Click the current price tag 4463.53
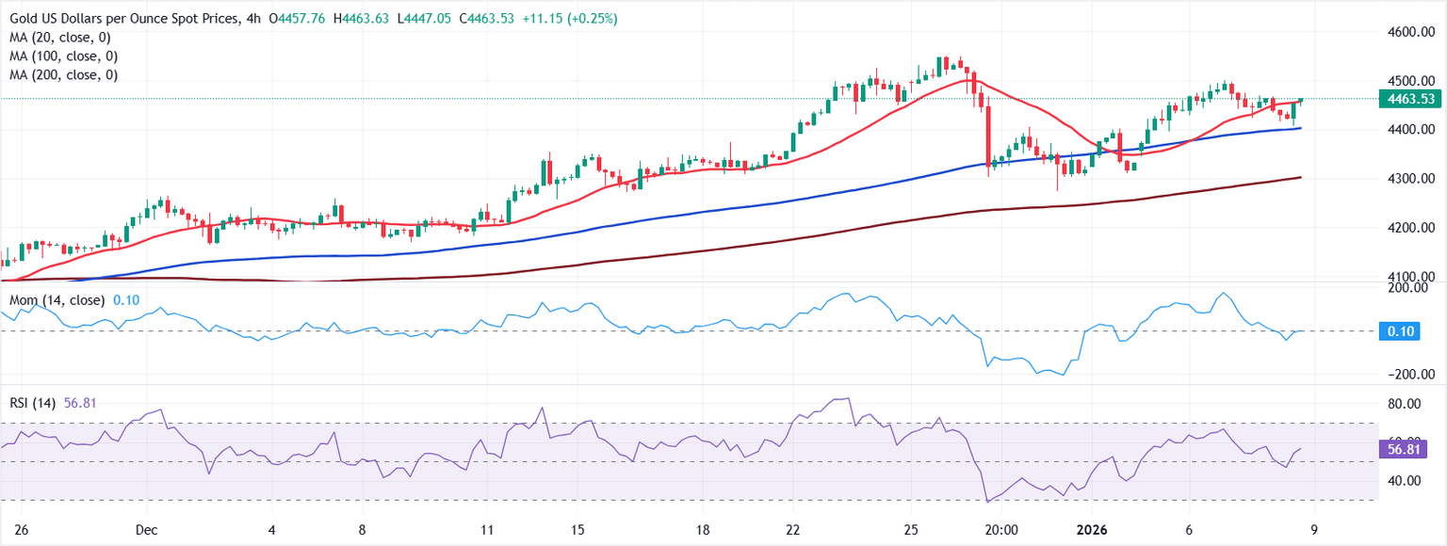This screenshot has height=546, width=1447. point(1408,99)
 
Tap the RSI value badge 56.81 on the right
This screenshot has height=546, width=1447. point(1401,451)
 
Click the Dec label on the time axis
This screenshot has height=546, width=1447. point(146,529)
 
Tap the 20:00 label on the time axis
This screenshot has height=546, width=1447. point(1000,529)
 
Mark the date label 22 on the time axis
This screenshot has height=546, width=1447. point(793,529)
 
